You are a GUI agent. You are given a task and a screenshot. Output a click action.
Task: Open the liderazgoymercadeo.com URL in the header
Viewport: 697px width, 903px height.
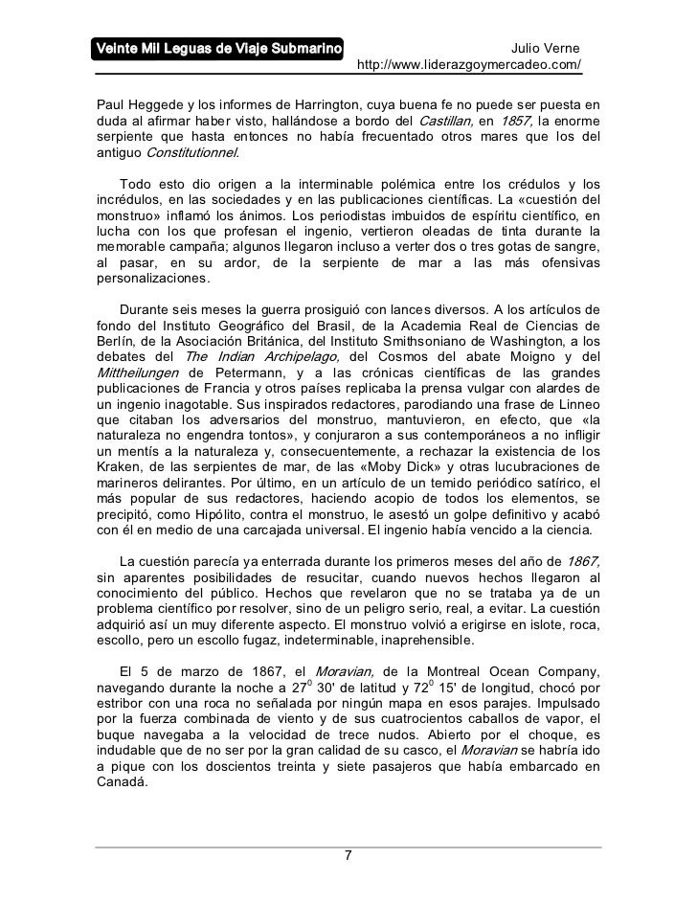pos(469,66)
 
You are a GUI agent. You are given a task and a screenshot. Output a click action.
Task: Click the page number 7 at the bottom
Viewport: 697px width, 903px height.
pos(348,855)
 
